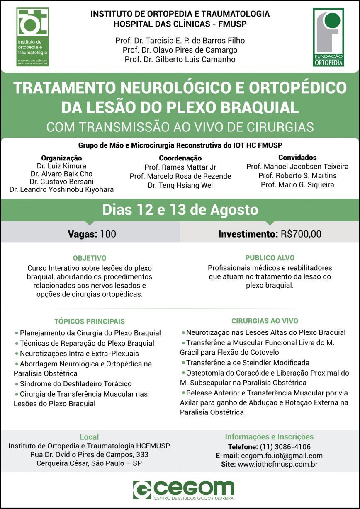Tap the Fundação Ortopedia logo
328,37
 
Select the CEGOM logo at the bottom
183,490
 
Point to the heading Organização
61,158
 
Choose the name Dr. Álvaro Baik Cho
61,174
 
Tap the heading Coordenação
180,158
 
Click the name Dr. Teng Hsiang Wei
180,185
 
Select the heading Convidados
297,158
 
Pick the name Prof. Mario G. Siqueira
297,185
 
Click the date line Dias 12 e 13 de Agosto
180,210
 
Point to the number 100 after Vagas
108,234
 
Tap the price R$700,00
301,234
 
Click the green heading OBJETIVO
90,258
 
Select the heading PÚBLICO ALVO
270,258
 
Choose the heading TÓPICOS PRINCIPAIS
90,321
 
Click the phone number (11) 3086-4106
285,447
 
